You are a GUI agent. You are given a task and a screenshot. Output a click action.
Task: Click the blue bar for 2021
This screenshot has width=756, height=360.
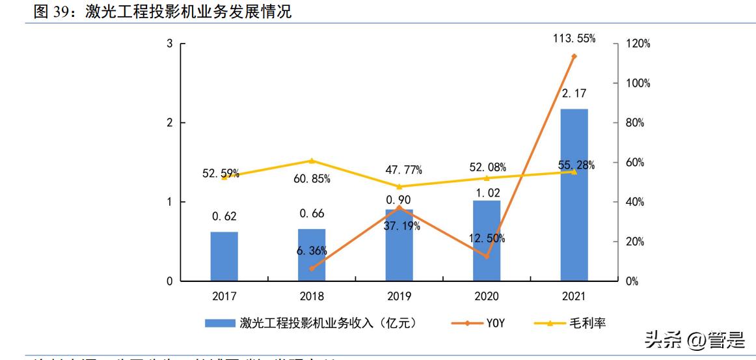coord(574,195)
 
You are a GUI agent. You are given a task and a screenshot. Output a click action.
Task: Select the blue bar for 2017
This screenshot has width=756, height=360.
coord(224,256)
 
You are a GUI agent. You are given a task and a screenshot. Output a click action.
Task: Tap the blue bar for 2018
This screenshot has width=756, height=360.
coord(312,255)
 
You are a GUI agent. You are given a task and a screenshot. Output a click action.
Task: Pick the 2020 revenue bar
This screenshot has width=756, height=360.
coord(487,241)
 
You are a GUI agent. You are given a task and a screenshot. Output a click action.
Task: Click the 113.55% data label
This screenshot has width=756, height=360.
coord(573,38)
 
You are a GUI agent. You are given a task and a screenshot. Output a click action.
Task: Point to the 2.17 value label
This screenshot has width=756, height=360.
coord(573,94)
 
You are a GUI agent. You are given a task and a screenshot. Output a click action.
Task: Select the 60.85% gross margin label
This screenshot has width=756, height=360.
coord(312,178)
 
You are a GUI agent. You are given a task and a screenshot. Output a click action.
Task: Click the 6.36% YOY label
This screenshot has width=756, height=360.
coord(312,251)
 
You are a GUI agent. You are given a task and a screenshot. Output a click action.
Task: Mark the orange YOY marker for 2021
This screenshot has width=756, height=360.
coord(574,57)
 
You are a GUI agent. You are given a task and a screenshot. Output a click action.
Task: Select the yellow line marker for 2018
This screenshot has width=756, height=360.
coord(312,161)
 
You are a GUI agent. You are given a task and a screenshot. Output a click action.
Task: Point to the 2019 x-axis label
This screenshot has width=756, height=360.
coord(399,296)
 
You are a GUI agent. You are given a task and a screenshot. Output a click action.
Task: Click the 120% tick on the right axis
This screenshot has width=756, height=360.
coord(637,44)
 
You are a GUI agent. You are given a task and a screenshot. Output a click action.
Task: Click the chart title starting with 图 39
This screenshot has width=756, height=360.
coord(163,11)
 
